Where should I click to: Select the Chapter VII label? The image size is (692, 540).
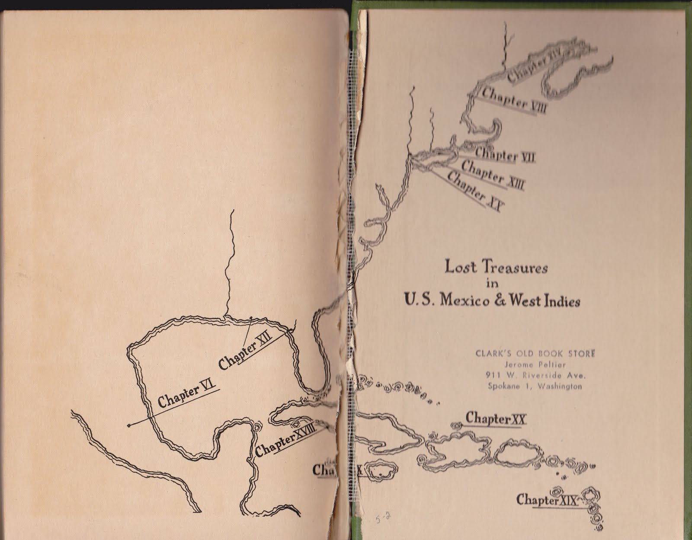(505, 154)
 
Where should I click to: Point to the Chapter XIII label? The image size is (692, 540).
(493, 175)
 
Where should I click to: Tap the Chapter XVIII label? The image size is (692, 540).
(284, 439)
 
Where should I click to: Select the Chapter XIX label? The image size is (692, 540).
(547, 500)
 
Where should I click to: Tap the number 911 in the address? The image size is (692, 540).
(493, 375)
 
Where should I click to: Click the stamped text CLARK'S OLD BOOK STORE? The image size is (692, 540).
(535, 353)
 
